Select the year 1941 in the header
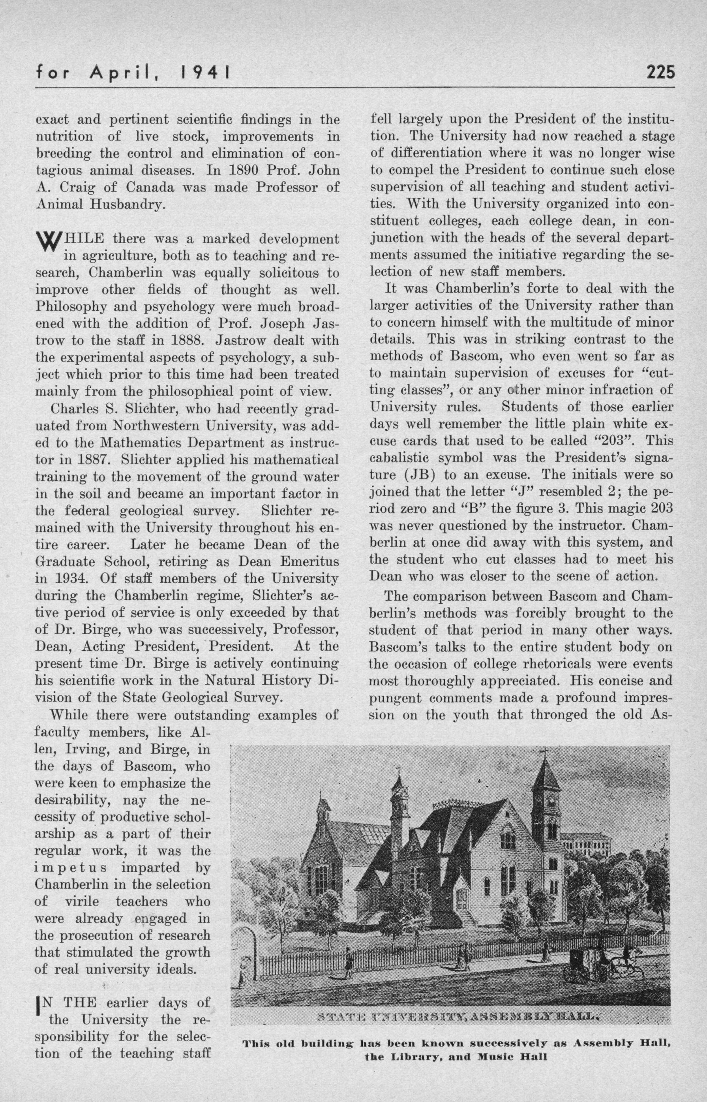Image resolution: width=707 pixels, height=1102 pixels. pyautogui.click(x=203, y=73)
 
